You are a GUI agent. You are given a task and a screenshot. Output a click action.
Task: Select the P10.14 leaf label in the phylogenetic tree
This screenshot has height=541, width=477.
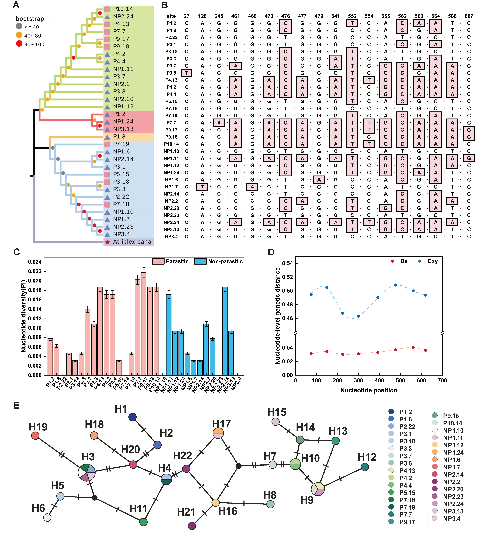click(x=123, y=9)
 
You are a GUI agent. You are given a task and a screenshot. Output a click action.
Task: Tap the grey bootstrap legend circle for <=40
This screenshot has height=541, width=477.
click(x=19, y=26)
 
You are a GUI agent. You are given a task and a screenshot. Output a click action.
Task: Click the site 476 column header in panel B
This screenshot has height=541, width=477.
click(x=285, y=16)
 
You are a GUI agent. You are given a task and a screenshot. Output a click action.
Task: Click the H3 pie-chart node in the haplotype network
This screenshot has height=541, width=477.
click(x=87, y=472)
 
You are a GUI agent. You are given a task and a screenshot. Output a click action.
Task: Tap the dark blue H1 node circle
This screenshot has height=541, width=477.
click(x=132, y=417)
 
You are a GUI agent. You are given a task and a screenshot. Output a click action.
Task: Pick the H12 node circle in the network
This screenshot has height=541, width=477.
click(x=365, y=467)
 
